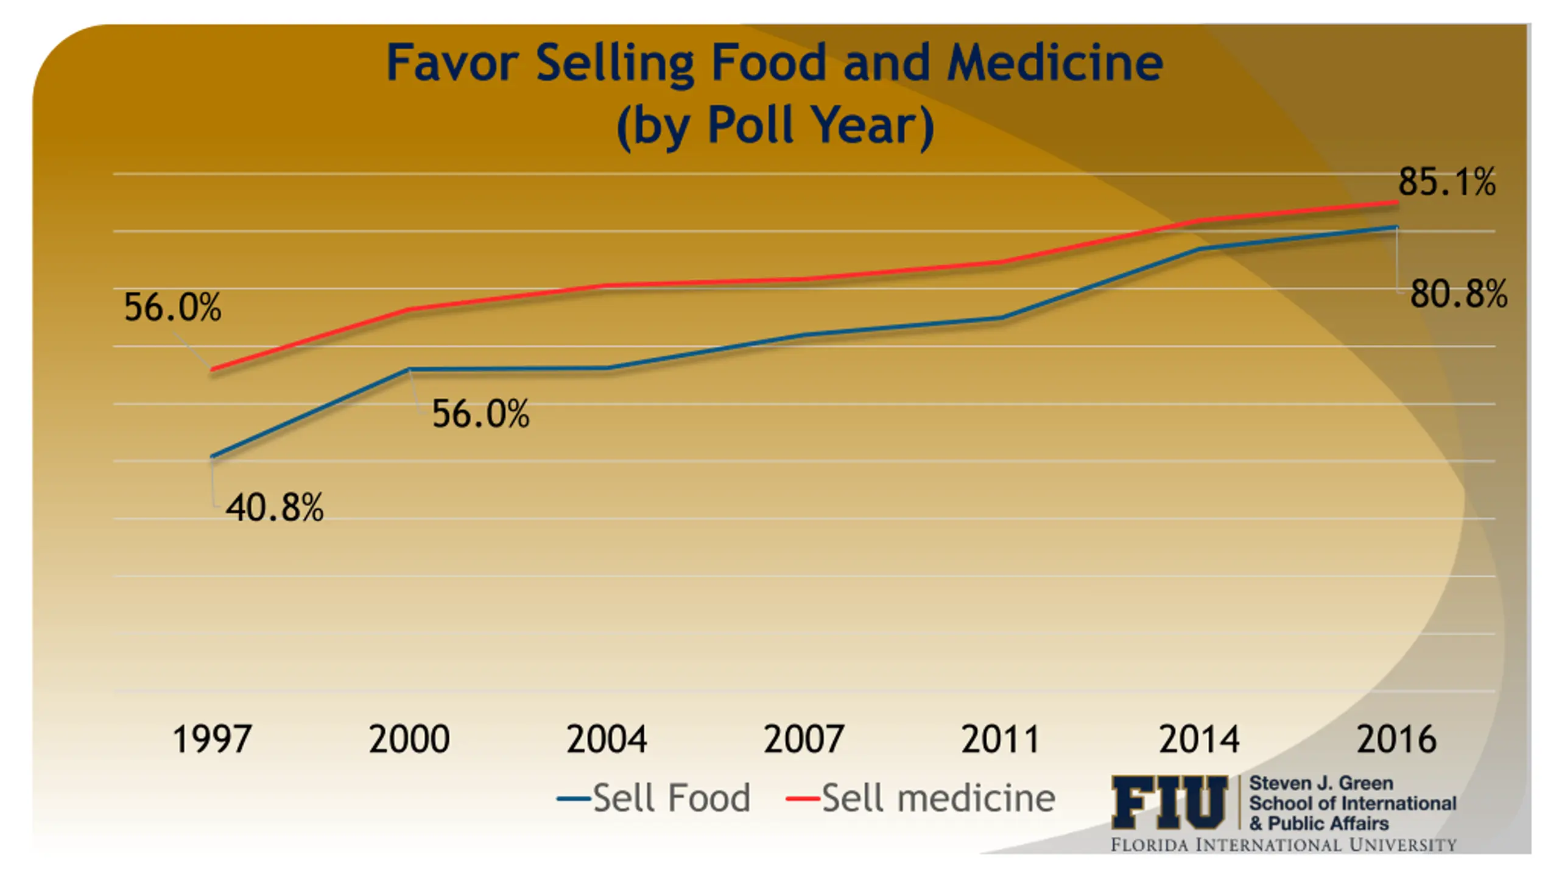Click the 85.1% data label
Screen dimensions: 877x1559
coord(1446,181)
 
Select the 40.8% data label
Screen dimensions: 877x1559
coord(275,508)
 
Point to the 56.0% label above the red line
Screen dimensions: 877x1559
coord(172,307)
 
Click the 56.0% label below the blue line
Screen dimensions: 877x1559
coord(480,414)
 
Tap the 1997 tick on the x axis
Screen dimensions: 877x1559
coord(212,739)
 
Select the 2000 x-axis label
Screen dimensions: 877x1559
coord(409,739)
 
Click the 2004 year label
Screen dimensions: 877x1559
coord(607,739)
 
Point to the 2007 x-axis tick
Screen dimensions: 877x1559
coord(804,739)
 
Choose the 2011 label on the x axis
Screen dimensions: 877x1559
coord(1001,739)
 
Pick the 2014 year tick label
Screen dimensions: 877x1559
coord(1198,739)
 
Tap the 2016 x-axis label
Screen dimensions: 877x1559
coord(1396,739)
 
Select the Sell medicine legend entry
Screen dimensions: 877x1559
coord(921,798)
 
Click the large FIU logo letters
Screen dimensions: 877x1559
coord(1169,803)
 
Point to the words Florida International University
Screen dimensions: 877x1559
coord(1284,845)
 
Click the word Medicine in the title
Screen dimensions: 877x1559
coord(1055,62)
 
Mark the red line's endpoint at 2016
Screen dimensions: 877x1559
coord(1396,202)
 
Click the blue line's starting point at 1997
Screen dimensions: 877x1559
coord(212,457)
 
